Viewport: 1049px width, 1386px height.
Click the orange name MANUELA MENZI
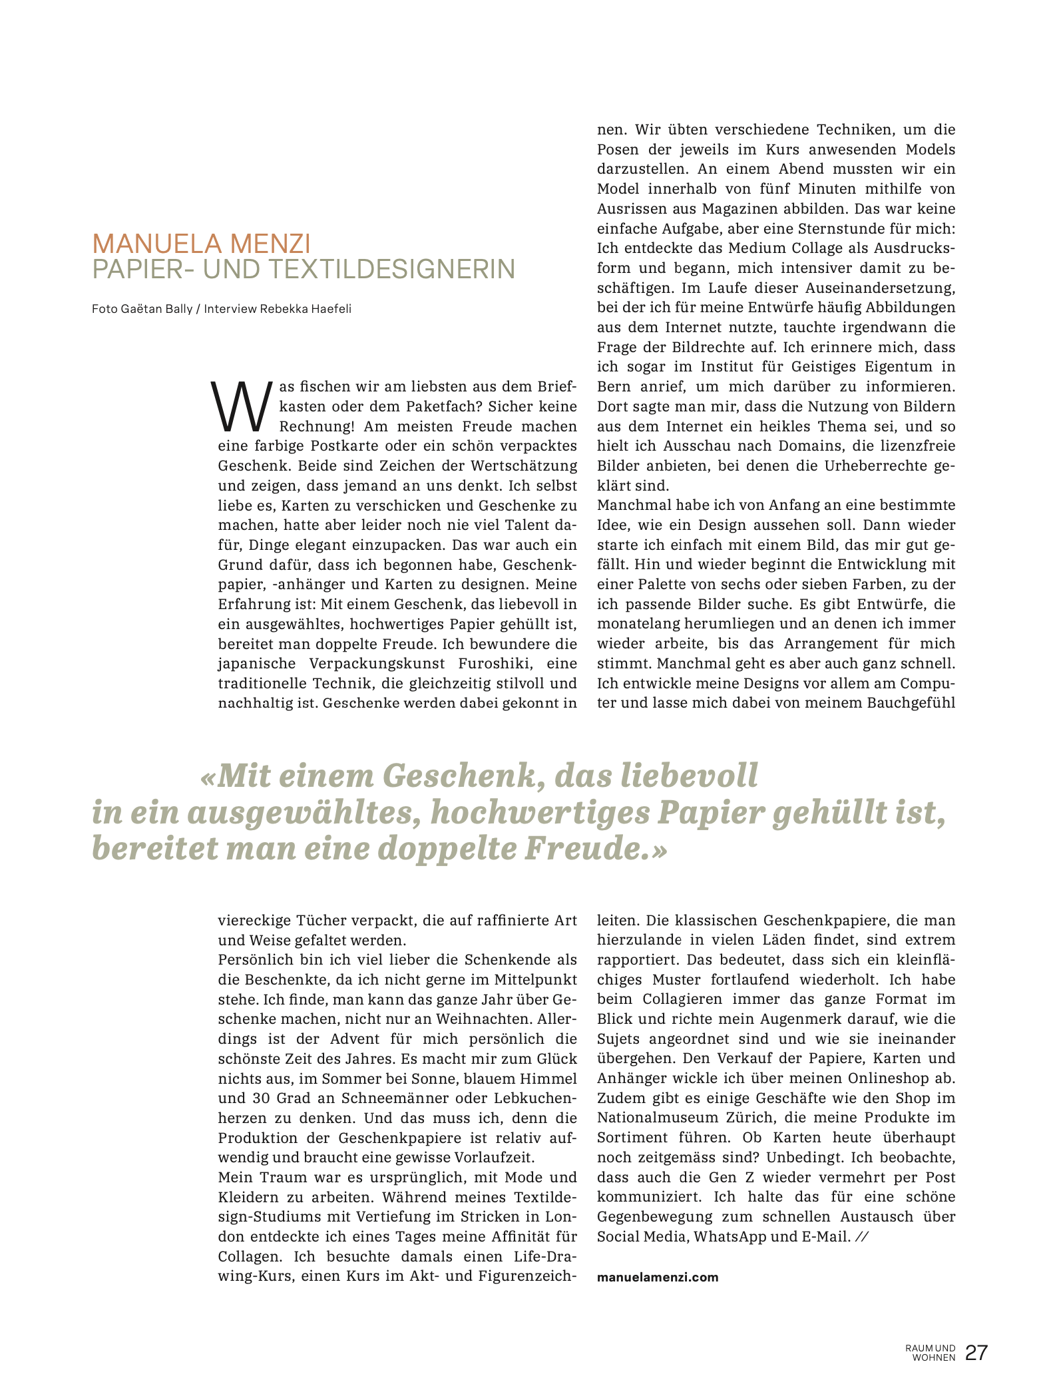[x=201, y=244]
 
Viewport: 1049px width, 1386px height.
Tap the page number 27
[x=976, y=1353]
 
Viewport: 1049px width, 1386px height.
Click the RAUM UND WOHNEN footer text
[x=930, y=1353]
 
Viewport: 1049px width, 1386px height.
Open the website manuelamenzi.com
[x=658, y=1277]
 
